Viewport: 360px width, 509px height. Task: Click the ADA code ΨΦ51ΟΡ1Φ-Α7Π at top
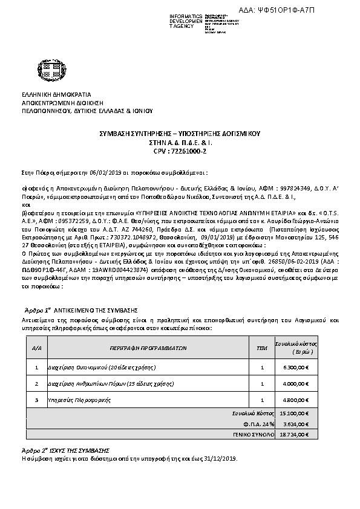pyautogui.click(x=310, y=11)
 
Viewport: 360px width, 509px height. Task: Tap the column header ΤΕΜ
pyautogui.click(x=262, y=348)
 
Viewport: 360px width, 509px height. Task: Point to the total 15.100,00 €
pyautogui.click(x=295, y=413)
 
